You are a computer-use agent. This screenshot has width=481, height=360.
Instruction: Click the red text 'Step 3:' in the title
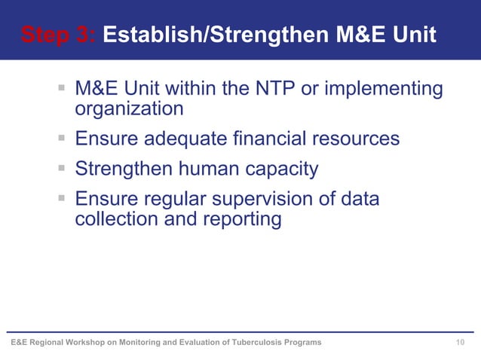click(57, 35)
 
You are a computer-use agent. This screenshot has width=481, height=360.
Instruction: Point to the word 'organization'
click(129, 108)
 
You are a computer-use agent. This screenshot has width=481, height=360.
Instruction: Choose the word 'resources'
click(359, 139)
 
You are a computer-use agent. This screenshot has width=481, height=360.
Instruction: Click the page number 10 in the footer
click(461, 343)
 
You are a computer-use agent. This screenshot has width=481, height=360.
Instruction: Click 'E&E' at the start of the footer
click(18, 343)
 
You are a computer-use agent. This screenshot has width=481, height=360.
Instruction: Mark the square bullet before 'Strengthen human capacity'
click(62, 169)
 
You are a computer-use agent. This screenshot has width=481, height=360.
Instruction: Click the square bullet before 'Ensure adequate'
click(62, 139)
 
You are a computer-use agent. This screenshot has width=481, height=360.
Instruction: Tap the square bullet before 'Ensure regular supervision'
click(62, 200)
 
